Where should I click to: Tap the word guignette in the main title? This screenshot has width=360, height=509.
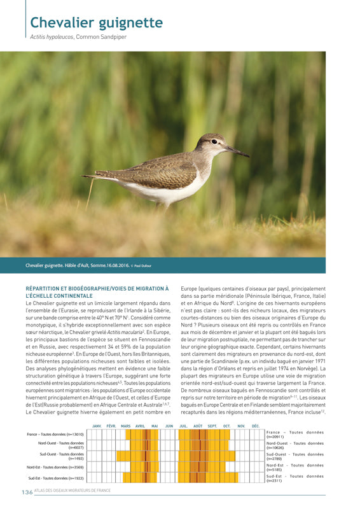(131, 24)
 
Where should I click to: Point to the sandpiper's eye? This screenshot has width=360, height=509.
(214, 141)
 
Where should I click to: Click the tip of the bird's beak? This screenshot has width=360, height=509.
(249, 157)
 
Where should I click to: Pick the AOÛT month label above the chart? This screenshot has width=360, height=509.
(198, 426)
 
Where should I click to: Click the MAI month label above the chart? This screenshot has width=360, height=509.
(155, 426)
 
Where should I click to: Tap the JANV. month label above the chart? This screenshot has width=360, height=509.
(97, 426)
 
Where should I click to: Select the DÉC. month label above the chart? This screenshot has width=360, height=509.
(256, 426)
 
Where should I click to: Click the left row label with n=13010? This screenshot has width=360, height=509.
(56, 434)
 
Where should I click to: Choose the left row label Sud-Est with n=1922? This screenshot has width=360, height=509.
(56, 478)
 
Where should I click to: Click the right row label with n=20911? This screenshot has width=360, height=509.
(294, 435)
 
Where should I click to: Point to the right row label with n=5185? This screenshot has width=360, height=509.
(294, 468)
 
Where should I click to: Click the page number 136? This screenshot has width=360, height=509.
(27, 492)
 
